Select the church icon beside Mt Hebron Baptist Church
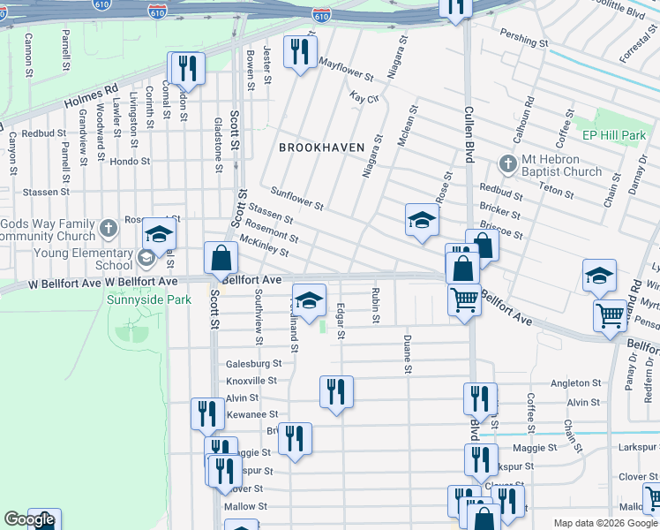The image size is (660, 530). click(507, 164)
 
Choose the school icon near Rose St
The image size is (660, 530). click(422, 220)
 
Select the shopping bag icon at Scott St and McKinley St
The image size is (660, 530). click(221, 259)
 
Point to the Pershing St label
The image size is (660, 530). click(524, 42)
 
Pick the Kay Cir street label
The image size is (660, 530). click(364, 97)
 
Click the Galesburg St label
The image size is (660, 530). click(253, 363)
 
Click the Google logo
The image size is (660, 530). click(29, 519)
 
